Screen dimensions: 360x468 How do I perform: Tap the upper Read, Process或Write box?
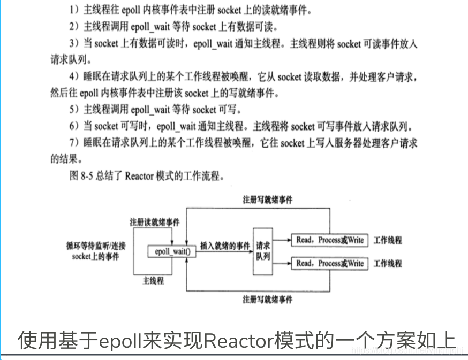(329, 240)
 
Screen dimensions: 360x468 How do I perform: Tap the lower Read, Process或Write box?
(329, 263)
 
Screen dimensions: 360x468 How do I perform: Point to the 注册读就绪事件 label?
(154, 221)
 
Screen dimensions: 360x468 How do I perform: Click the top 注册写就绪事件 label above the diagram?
(267, 200)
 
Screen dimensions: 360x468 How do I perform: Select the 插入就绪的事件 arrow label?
(224, 245)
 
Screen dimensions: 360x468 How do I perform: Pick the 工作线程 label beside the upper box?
(388, 240)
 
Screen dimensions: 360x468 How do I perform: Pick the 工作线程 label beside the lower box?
(388, 263)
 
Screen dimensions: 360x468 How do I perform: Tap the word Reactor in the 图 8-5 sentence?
(138, 176)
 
